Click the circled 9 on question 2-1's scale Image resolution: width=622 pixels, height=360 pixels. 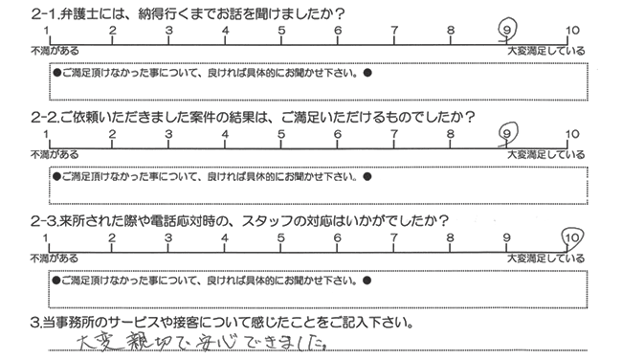click(507, 31)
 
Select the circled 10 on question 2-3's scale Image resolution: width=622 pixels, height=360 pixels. click(572, 235)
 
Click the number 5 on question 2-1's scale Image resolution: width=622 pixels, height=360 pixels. click(281, 31)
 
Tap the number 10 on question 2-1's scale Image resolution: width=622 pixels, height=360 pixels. click(571, 31)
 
